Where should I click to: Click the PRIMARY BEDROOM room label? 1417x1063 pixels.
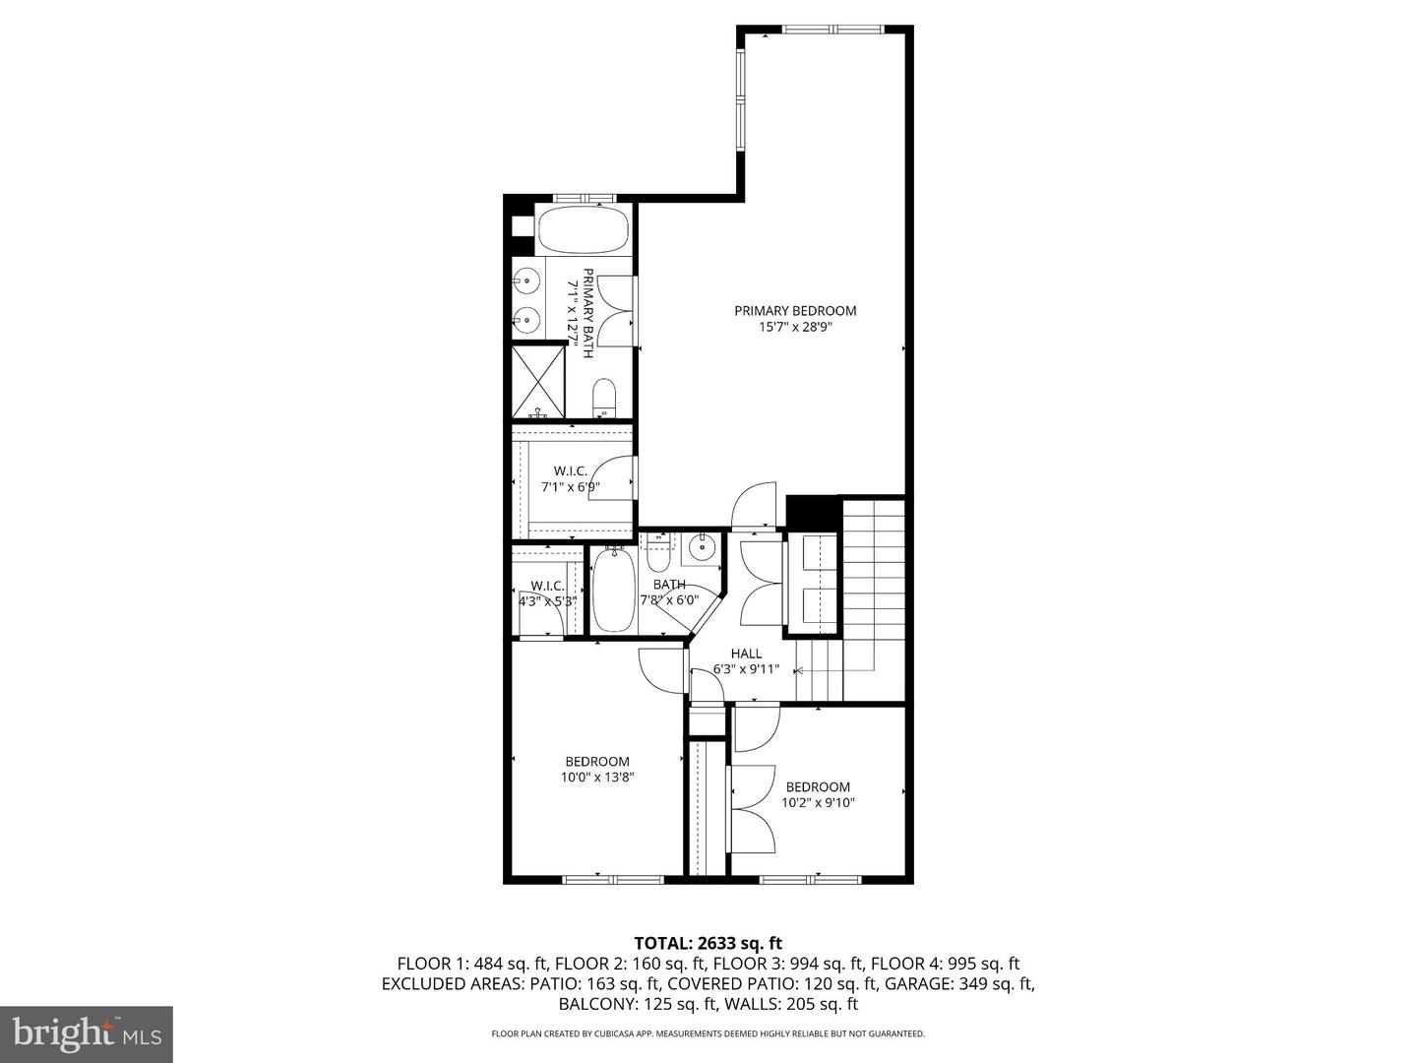pos(795,310)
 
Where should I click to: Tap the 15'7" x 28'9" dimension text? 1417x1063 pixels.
pos(795,327)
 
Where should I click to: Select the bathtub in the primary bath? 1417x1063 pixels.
pos(584,230)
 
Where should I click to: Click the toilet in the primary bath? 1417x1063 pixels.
pos(604,397)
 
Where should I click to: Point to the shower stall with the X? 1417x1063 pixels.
pos(537,382)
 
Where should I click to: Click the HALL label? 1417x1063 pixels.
pos(746,654)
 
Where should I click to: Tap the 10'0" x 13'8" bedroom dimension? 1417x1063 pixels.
pos(597,778)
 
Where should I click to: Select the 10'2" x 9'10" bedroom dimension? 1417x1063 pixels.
pos(818,803)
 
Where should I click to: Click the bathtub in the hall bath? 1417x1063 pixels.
pos(614,590)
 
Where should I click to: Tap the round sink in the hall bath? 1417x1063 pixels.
pos(701,548)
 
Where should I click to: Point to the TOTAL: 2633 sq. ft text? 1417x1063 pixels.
pos(708,944)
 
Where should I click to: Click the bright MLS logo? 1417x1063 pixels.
pos(87,1033)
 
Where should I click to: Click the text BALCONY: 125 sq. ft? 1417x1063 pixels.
pos(638,1004)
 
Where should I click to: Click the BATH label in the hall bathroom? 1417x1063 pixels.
pos(669,585)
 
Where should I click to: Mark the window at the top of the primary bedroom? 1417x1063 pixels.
pos(832,30)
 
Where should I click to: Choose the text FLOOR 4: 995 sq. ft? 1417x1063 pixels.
pos(945,964)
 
